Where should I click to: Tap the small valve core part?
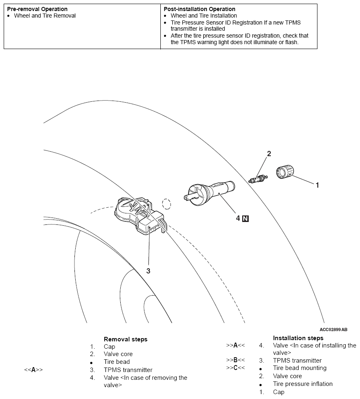258,179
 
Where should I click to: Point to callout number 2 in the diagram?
269,154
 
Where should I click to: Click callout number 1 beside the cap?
317,185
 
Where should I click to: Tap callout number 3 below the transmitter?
148,271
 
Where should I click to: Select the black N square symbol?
245,218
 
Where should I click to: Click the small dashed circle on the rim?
166,204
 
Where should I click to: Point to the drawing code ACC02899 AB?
333,330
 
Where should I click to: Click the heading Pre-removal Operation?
37,9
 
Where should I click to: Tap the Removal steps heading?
126,339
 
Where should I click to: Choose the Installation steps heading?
298,338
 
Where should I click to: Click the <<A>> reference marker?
34,370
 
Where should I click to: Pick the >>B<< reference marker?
235,361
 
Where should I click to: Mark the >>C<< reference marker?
235,368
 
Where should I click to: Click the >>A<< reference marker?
235,345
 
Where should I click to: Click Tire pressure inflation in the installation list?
303,384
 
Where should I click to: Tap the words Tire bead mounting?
300,368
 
